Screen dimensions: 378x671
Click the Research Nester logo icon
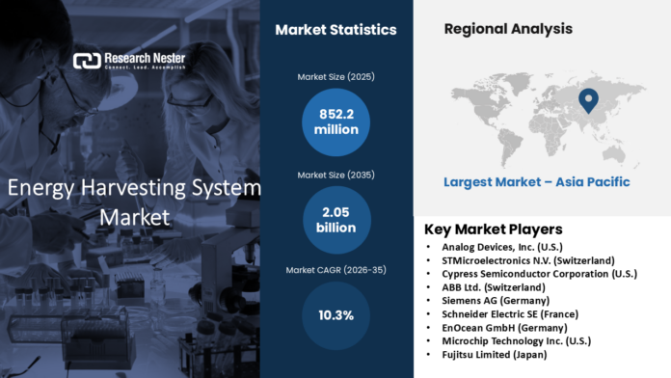(87, 61)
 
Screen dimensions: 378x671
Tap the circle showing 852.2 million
(335, 121)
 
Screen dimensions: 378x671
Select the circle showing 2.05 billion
(335, 219)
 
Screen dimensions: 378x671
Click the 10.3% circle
(335, 315)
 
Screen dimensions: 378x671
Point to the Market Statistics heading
(335, 30)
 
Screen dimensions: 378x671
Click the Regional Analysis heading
(508, 29)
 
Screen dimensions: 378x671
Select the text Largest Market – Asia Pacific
(536, 181)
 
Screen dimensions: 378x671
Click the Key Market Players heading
(494, 229)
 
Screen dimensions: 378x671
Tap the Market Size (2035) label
(335, 174)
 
